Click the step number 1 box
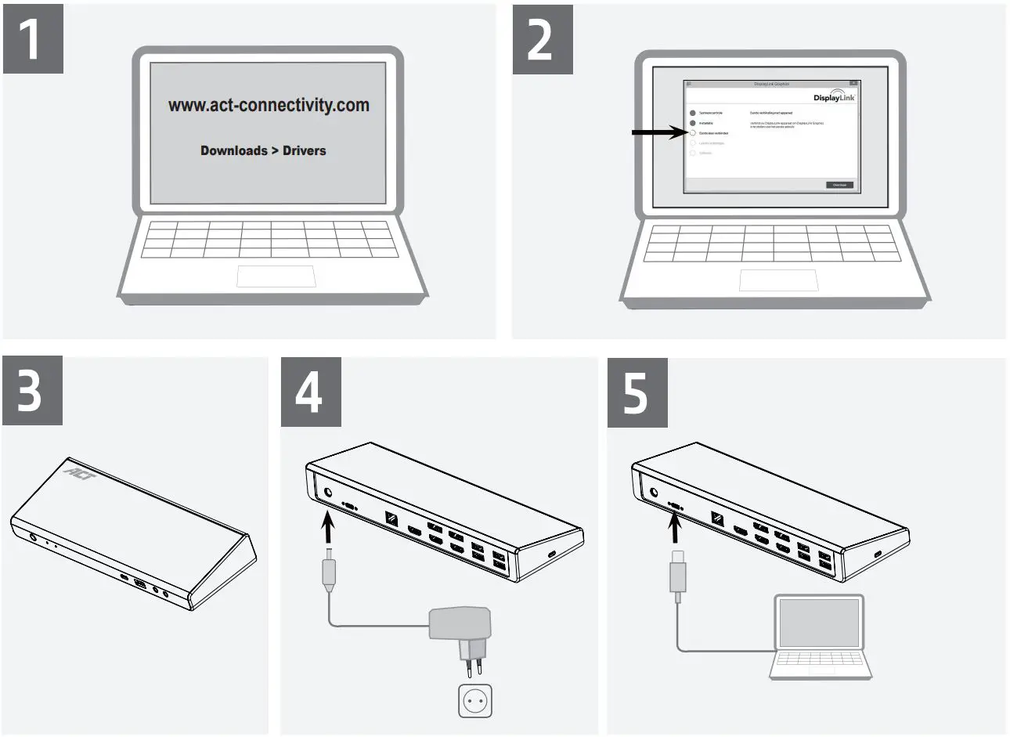[x=33, y=39]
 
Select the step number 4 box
[x=311, y=391]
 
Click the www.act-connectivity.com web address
[x=269, y=105]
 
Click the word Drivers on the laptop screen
[x=304, y=150]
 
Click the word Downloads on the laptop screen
[x=233, y=150]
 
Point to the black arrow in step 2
[x=658, y=133]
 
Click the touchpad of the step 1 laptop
[x=276, y=276]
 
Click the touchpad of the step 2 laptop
[x=778, y=280]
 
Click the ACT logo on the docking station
[x=77, y=471]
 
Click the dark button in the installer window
[x=839, y=185]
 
